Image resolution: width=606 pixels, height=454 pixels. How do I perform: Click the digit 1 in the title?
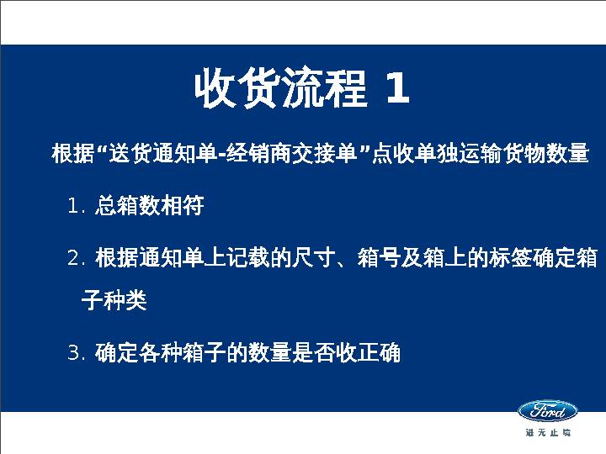(x=396, y=89)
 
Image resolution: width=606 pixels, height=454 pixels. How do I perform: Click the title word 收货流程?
(x=280, y=89)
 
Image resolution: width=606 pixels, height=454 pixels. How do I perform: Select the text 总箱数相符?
(x=149, y=207)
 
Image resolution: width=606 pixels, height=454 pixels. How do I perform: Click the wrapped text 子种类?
(x=114, y=301)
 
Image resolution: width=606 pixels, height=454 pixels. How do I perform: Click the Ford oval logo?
(x=547, y=411)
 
